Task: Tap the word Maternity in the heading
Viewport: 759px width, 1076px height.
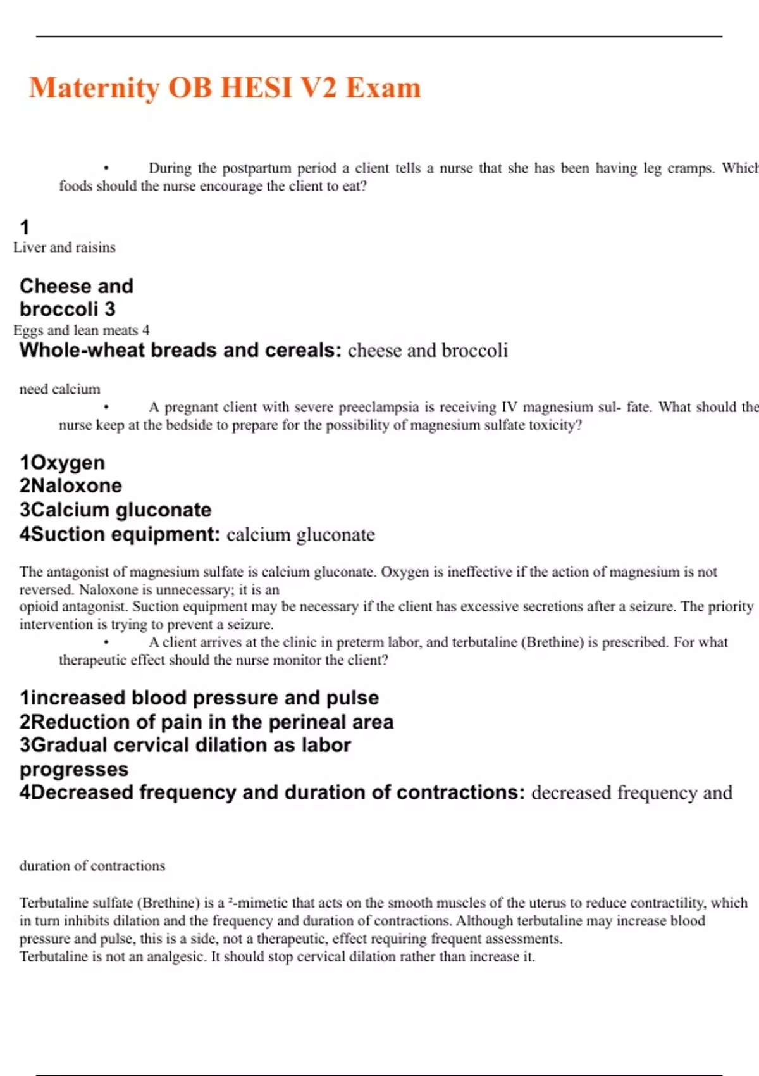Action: [94, 88]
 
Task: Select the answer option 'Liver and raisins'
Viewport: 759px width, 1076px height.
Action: [65, 247]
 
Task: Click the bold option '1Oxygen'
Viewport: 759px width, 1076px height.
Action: [62, 463]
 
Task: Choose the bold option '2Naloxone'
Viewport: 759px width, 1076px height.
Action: [70, 486]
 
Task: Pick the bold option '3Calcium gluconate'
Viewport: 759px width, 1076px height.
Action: [115, 510]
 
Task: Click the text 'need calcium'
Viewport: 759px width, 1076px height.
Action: [59, 389]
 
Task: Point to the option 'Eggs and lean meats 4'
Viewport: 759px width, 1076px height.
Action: [81, 330]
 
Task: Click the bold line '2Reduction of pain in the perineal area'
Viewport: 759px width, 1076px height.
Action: [206, 722]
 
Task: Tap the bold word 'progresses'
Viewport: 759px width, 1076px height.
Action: [74, 770]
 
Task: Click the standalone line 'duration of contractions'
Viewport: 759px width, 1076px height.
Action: [92, 866]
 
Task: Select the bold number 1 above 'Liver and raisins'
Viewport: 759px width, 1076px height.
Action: [25, 227]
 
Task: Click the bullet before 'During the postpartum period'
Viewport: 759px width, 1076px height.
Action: [106, 168]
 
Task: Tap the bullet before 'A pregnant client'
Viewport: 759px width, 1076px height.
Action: [106, 408]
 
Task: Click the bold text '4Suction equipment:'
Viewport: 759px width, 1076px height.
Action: [120, 535]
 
